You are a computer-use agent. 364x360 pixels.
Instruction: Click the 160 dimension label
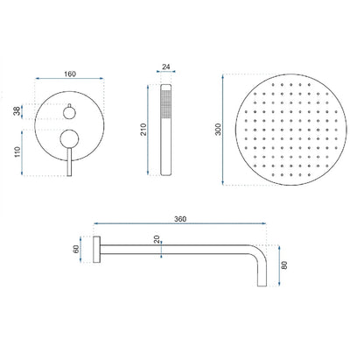tap(70, 74)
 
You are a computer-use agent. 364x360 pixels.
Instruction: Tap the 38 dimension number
tap(17, 111)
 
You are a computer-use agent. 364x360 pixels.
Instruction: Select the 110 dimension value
tap(17, 152)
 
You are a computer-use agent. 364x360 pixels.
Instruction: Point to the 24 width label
tap(166, 67)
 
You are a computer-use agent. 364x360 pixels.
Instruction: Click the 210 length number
tap(143, 130)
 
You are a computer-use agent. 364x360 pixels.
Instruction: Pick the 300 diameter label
tap(218, 130)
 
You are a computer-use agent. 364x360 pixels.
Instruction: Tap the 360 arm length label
tap(180, 219)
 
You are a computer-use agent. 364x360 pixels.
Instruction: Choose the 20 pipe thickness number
tap(157, 239)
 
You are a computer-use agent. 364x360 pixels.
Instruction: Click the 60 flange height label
tap(76, 250)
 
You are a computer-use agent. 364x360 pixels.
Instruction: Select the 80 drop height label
tap(284, 265)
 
